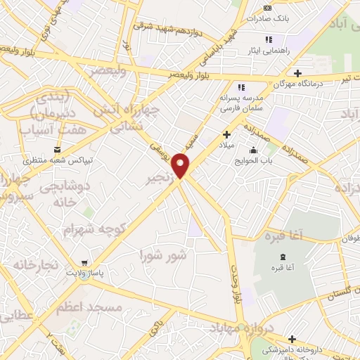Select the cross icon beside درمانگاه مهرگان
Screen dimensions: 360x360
click(x=298, y=73)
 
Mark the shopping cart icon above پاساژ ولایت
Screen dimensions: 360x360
click(x=85, y=262)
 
